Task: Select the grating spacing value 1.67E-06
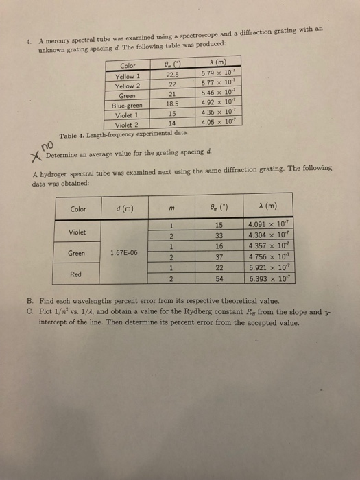123,252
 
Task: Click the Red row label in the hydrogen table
75,274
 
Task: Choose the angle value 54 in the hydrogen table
221,280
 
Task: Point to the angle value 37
221,259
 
